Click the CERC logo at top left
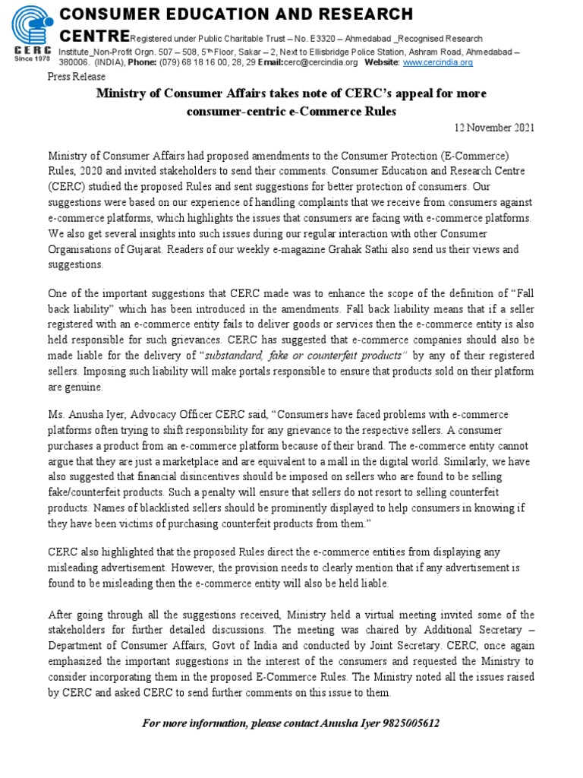(x=30, y=27)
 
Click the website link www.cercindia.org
(x=437, y=62)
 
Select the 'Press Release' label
(x=76, y=77)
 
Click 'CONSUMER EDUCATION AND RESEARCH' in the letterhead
(x=236, y=14)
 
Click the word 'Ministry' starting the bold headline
(x=120, y=93)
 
